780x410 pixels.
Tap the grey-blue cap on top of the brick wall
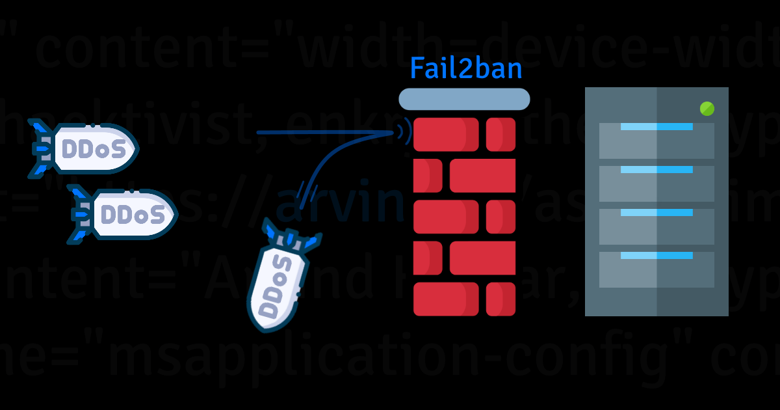[x=464, y=100]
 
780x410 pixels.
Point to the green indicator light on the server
[x=707, y=109]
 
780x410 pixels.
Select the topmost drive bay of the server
[x=656, y=141]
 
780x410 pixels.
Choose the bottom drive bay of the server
[x=656, y=269]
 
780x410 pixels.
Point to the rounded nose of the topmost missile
[x=130, y=149]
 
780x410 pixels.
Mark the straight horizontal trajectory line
[x=325, y=133]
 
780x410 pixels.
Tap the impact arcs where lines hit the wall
[x=407, y=133]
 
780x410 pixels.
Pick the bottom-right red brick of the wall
[x=500, y=299]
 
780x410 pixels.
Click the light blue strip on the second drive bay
[x=656, y=170]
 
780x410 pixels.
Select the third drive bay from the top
[x=656, y=226]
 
